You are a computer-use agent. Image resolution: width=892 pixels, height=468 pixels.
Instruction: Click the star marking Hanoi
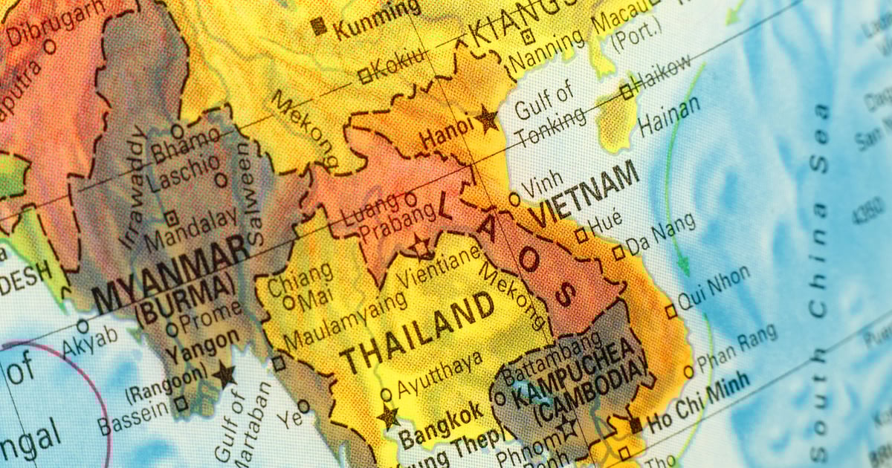(x=488, y=118)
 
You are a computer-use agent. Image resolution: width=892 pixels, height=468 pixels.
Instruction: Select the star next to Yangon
(x=224, y=374)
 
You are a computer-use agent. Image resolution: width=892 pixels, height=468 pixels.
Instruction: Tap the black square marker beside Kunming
(x=319, y=27)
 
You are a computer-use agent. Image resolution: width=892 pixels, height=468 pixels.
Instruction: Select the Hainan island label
(x=669, y=116)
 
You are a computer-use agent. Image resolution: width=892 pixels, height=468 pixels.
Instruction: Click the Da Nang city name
(x=662, y=234)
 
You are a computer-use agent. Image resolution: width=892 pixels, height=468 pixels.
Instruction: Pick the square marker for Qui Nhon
(x=671, y=311)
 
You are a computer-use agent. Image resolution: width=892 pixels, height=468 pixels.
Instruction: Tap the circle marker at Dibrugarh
(x=50, y=46)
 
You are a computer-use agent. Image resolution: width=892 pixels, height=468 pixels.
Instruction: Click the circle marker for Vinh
(x=514, y=199)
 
